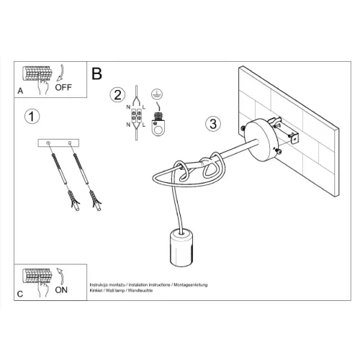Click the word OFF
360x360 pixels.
63,87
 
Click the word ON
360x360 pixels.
61,290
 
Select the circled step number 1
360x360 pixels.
32,117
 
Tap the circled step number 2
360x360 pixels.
117,95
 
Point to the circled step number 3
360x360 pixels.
213,124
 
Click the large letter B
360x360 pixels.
96,73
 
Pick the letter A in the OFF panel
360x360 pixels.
20,91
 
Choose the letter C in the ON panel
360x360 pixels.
20,294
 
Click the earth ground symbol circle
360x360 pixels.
157,94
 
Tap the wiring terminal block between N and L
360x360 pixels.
136,116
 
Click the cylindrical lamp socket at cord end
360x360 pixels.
181,248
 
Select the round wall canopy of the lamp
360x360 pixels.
263,140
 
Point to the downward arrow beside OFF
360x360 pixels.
61,72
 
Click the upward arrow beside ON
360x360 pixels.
60,276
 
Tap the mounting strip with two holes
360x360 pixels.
58,143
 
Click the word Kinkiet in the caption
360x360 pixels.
96,290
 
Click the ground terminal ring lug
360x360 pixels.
158,127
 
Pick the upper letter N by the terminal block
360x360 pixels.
128,107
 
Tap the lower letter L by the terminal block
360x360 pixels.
144,125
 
